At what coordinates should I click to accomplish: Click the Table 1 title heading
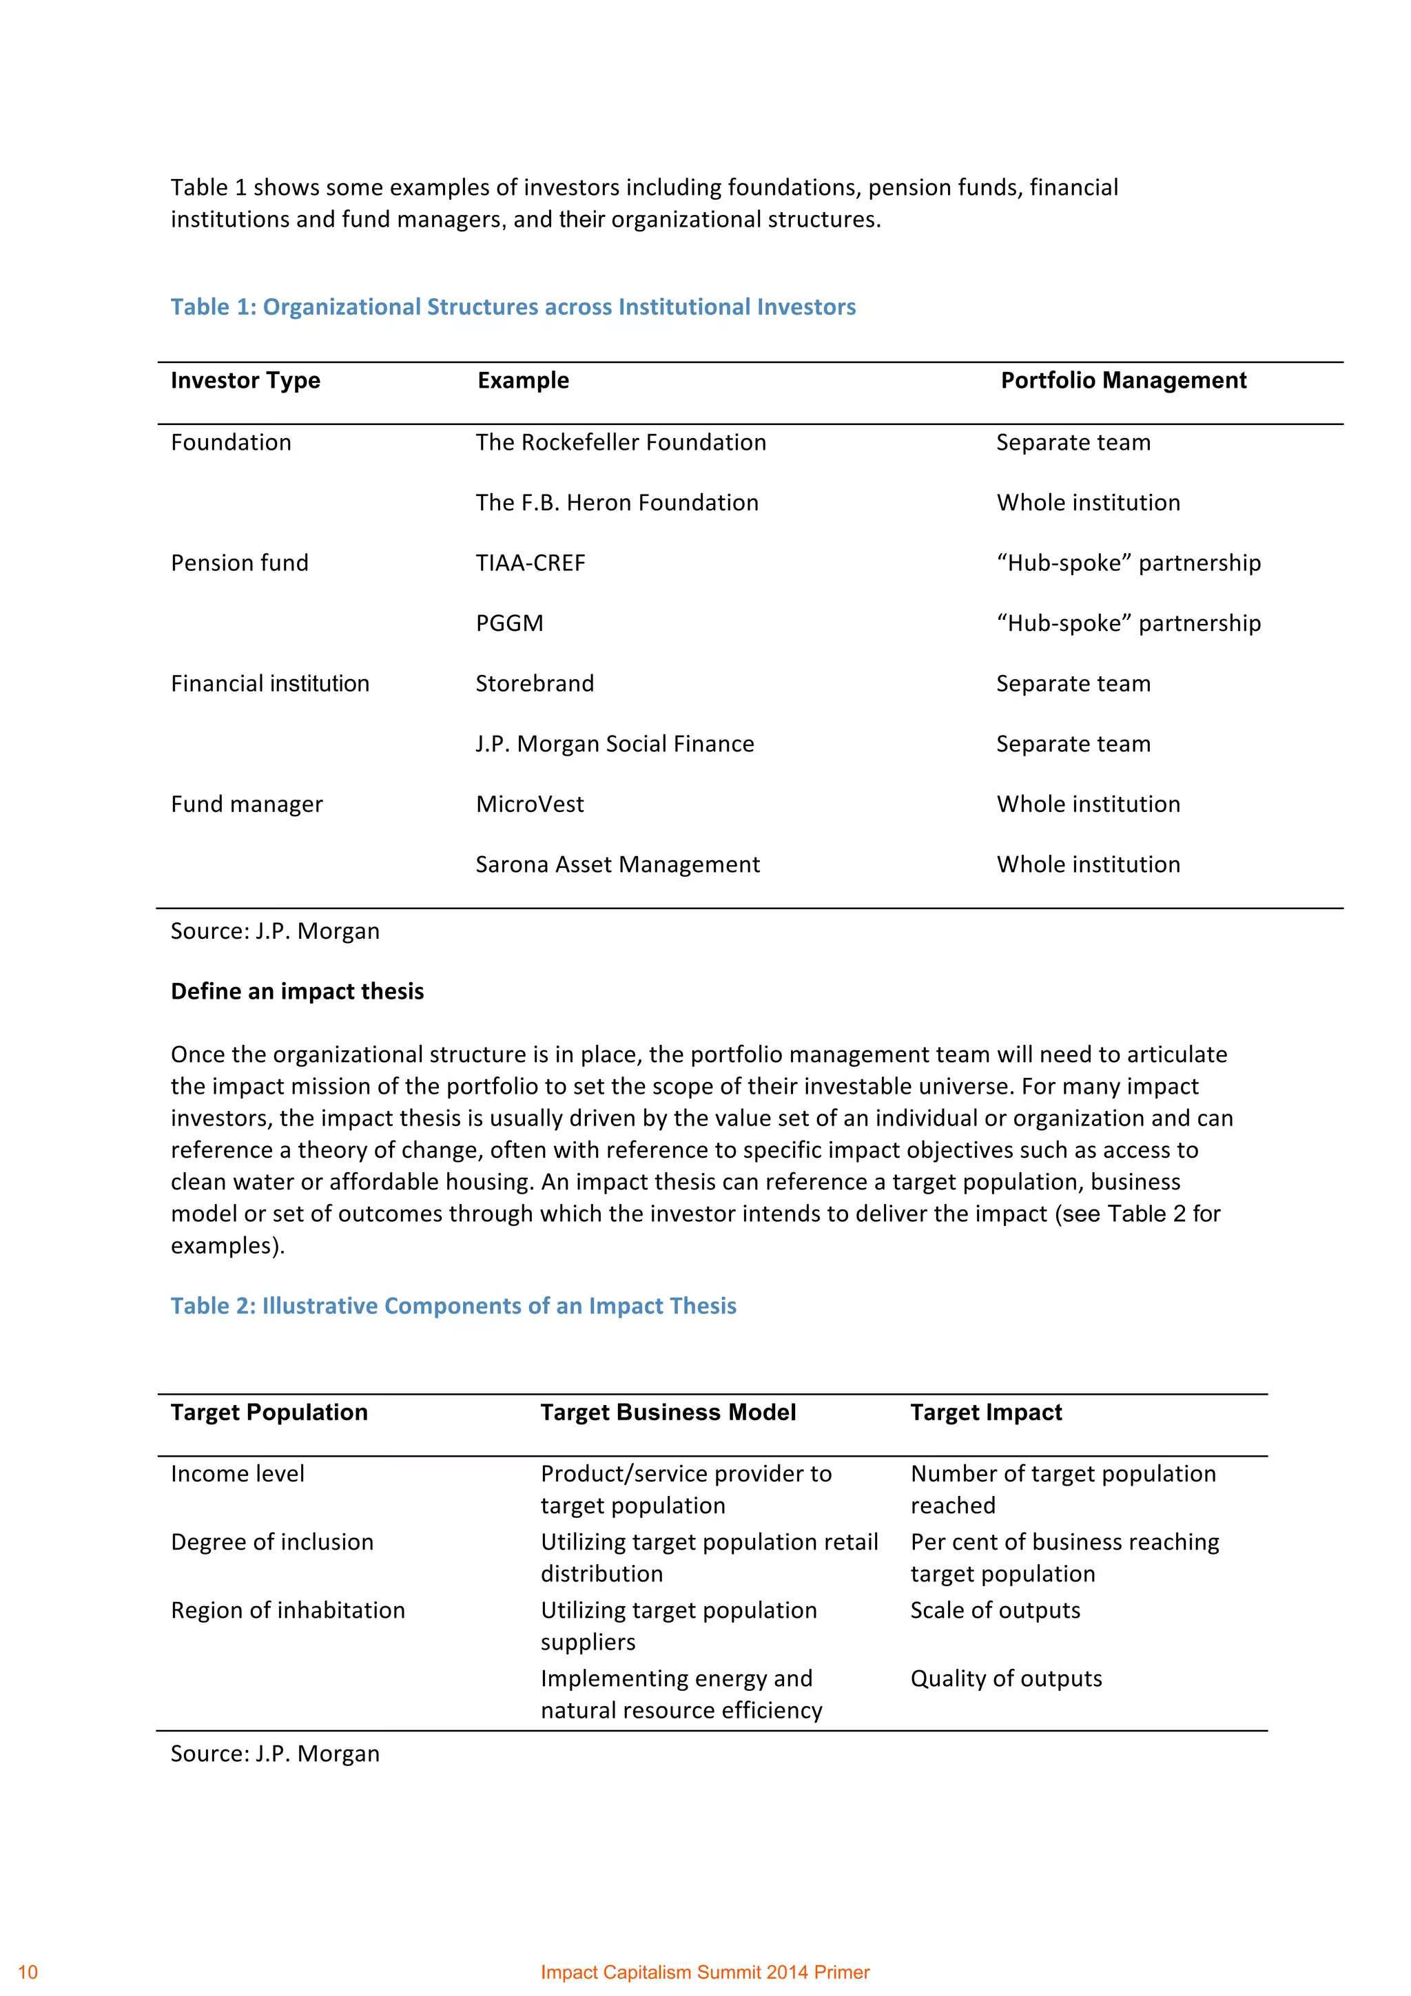click(x=513, y=307)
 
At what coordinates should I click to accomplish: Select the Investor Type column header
click(x=245, y=380)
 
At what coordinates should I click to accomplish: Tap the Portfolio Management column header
click(x=1123, y=380)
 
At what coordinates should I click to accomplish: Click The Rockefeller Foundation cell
click(x=621, y=442)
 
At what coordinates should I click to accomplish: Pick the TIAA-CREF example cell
click(x=531, y=563)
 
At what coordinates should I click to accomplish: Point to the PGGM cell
click(x=509, y=623)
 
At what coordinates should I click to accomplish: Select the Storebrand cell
click(x=535, y=683)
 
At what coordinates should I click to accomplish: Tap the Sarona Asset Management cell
click(x=617, y=864)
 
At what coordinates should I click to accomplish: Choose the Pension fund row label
click(x=239, y=563)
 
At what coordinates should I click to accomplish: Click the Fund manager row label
click(x=247, y=804)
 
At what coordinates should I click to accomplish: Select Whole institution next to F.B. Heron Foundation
click(x=1089, y=503)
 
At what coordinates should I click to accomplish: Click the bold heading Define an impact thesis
click(x=298, y=991)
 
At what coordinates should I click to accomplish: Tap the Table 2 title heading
click(x=453, y=1306)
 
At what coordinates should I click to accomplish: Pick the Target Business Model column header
click(x=668, y=1412)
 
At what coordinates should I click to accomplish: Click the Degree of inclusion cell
click(x=272, y=1541)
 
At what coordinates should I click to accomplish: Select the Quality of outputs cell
click(x=1006, y=1678)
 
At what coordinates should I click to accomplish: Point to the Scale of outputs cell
click(x=995, y=1610)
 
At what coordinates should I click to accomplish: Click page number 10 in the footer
click(x=28, y=1972)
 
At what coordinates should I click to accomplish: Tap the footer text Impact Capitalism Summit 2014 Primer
click(x=705, y=1972)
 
